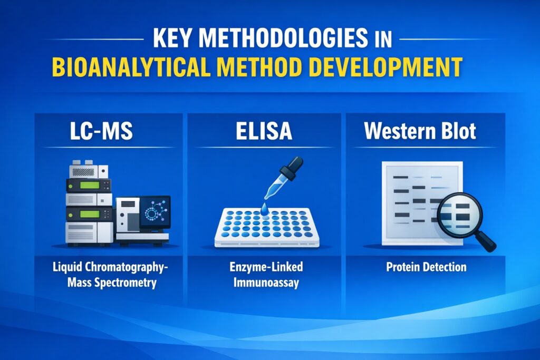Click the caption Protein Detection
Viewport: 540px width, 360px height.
coord(426,267)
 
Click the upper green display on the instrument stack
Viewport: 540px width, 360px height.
coord(88,185)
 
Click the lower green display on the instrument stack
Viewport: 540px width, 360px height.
coord(88,214)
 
